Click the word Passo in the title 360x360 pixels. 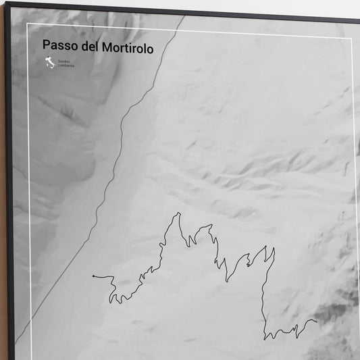tap(57, 47)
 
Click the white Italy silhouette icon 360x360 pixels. tap(49, 63)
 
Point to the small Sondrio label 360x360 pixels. tap(63, 61)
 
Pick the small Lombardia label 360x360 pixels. tap(66, 66)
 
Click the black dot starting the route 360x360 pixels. tap(93, 276)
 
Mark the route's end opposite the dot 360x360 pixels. tap(316, 321)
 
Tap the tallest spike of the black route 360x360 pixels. tap(179, 214)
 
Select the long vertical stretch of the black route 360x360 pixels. tap(264, 297)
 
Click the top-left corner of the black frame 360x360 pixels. tap(7, 4)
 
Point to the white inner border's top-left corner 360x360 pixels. tap(28, 25)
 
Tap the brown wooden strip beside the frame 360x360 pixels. tap(2, 203)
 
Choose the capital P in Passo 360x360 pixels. tap(46, 47)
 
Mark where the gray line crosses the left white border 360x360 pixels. tap(28, 319)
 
